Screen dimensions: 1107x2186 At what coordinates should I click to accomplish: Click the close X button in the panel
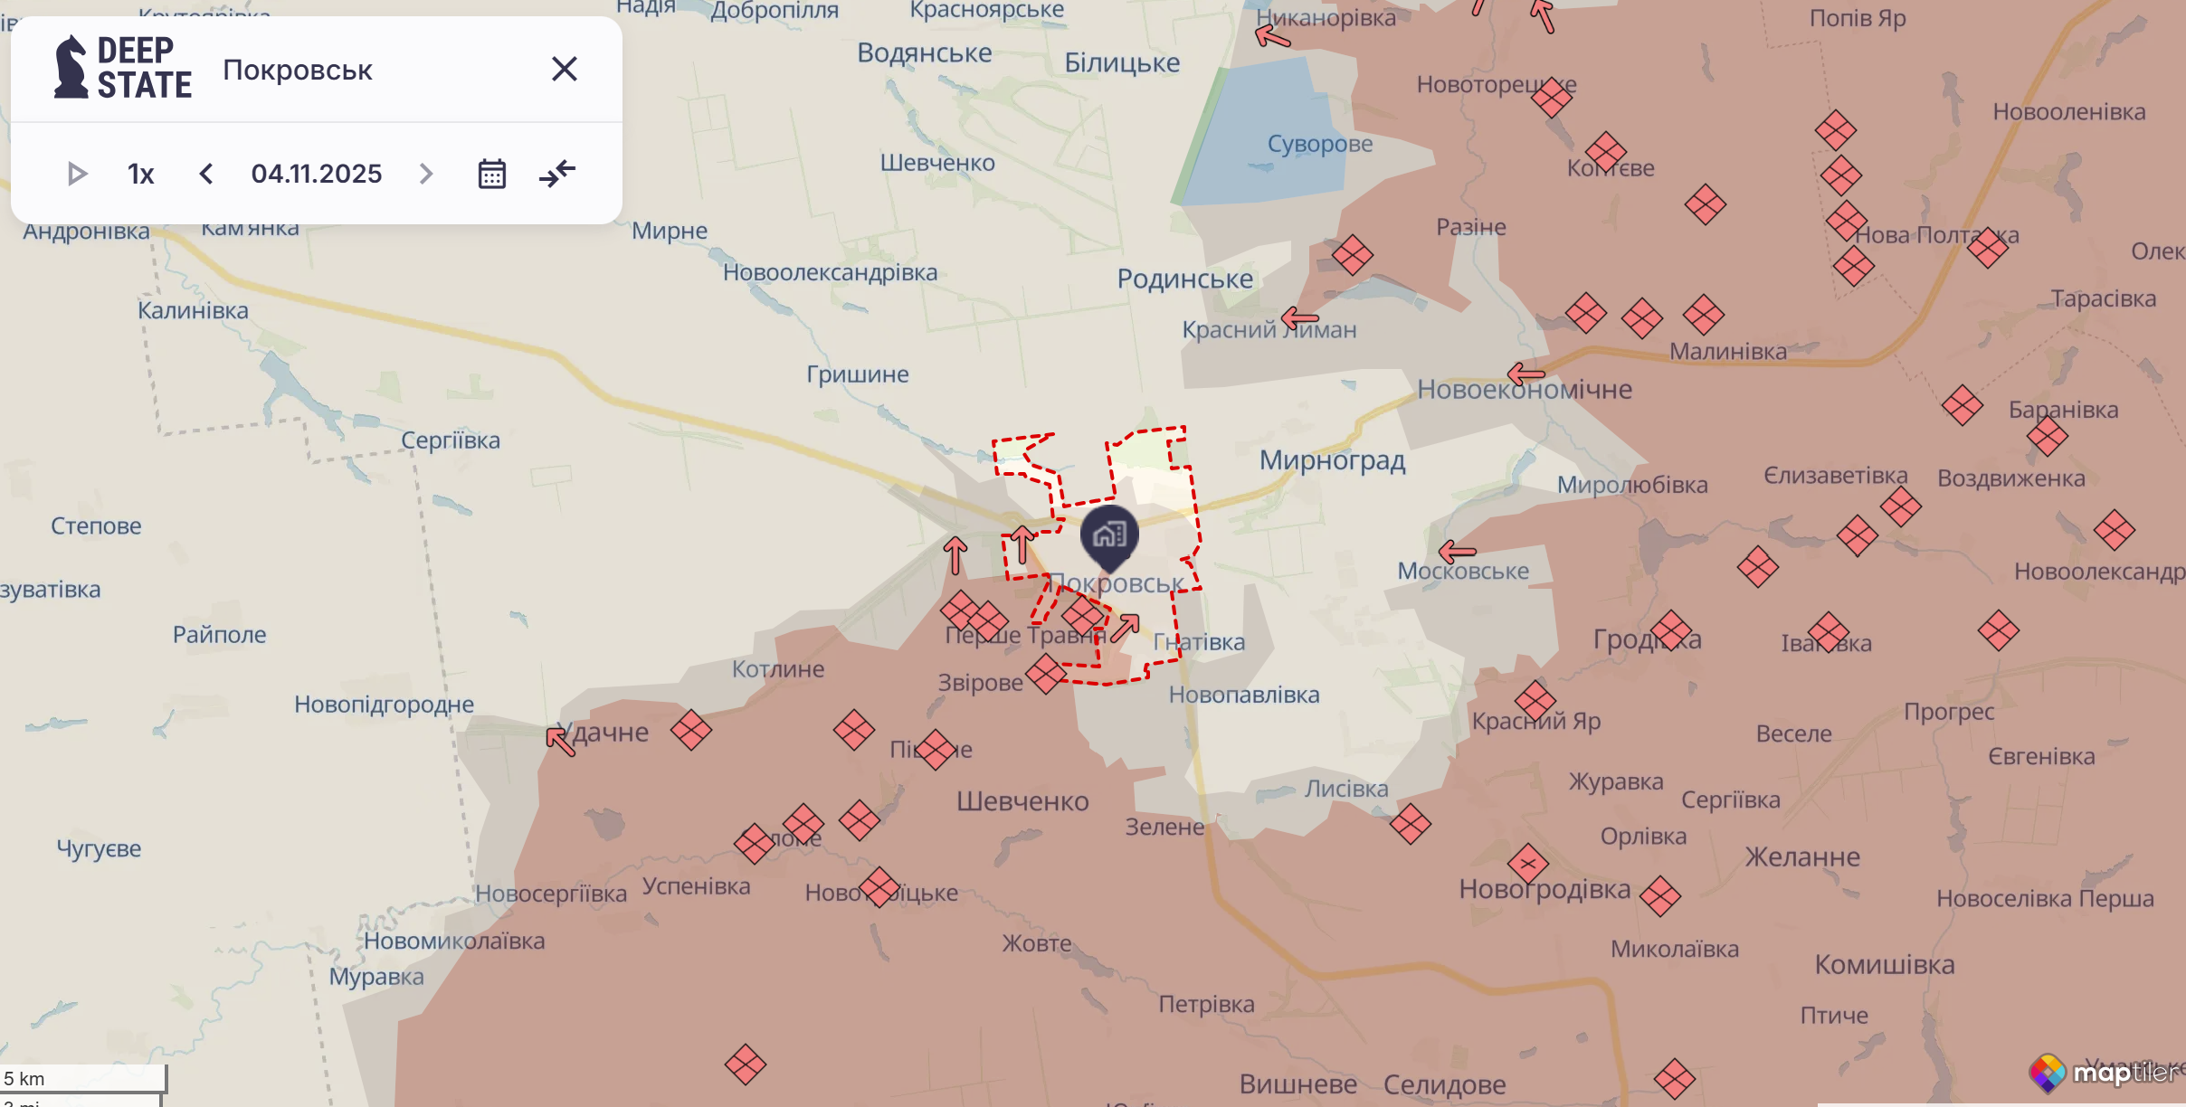click(x=564, y=69)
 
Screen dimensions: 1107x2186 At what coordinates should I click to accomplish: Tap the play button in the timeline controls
click(x=78, y=173)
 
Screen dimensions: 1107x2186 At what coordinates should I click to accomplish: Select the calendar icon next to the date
click(x=491, y=173)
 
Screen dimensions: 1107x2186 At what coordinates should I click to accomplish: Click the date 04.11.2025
click(x=317, y=173)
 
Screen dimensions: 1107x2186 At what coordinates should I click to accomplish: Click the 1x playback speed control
click(x=140, y=173)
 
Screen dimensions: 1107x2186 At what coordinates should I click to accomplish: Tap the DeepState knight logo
click(x=71, y=67)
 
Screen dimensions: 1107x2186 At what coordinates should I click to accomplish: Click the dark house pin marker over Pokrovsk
click(x=1109, y=535)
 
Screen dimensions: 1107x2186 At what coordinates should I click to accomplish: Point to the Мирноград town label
click(x=1332, y=460)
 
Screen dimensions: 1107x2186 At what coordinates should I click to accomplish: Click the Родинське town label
click(x=1184, y=279)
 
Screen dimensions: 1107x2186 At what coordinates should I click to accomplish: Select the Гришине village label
click(x=857, y=374)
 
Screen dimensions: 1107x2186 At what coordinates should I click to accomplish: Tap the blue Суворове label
click(x=1319, y=144)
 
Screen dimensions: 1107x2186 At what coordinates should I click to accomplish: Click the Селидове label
click(x=1444, y=1083)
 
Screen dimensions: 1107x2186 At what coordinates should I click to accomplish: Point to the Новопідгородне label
click(x=384, y=704)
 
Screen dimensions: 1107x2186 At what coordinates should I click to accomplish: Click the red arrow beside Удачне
click(x=560, y=740)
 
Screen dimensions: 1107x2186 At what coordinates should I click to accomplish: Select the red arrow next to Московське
click(x=1457, y=551)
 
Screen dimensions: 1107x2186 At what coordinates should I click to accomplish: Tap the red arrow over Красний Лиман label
click(x=1300, y=318)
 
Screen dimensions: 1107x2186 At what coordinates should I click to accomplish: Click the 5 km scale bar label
click(x=25, y=1078)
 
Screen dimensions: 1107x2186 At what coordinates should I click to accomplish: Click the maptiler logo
click(x=2103, y=1073)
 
